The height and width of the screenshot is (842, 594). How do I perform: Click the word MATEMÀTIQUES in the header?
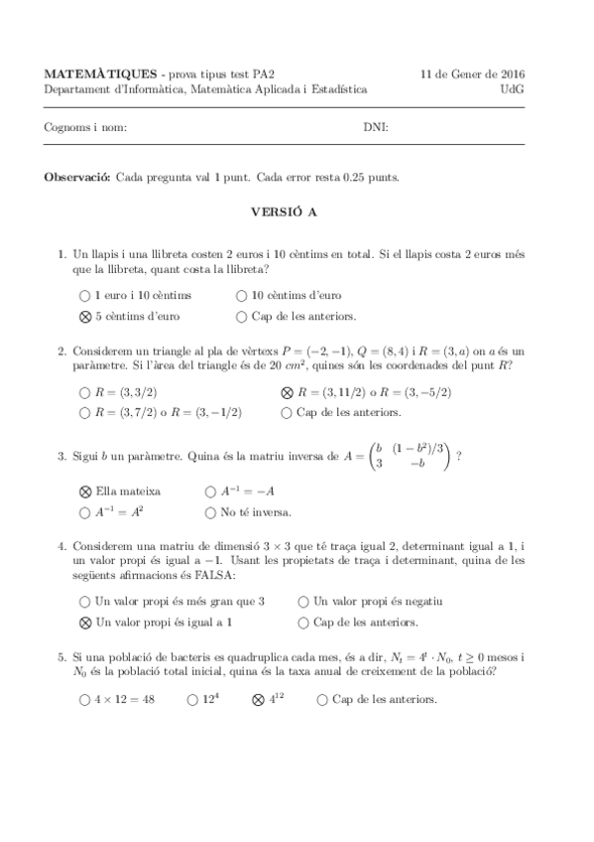click(x=101, y=73)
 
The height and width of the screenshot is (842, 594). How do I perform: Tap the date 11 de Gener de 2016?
click(x=473, y=73)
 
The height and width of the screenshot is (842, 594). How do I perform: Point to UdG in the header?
click(x=514, y=88)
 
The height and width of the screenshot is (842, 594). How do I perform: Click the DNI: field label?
click(x=375, y=127)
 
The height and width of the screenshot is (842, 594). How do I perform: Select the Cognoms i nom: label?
click(x=85, y=127)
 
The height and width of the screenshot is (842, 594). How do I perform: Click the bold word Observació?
click(x=77, y=177)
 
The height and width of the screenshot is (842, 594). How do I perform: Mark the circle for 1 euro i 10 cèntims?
click(x=84, y=296)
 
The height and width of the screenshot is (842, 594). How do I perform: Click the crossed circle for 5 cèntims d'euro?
click(x=84, y=317)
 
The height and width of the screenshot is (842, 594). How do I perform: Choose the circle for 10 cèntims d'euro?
click(x=242, y=296)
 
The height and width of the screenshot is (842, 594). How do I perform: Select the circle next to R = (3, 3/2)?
click(x=84, y=392)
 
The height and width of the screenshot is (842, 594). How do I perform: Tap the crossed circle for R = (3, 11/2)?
click(x=288, y=392)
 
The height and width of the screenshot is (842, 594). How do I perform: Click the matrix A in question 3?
click(x=409, y=458)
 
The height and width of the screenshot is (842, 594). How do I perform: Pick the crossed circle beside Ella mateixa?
click(x=84, y=491)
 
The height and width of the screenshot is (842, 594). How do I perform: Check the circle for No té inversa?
click(x=210, y=512)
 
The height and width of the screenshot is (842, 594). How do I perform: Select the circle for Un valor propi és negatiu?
click(x=303, y=602)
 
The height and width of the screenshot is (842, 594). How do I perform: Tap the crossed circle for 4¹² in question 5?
click(x=259, y=700)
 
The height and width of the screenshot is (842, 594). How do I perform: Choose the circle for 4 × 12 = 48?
click(x=84, y=700)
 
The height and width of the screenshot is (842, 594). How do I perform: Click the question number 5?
click(x=61, y=657)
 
